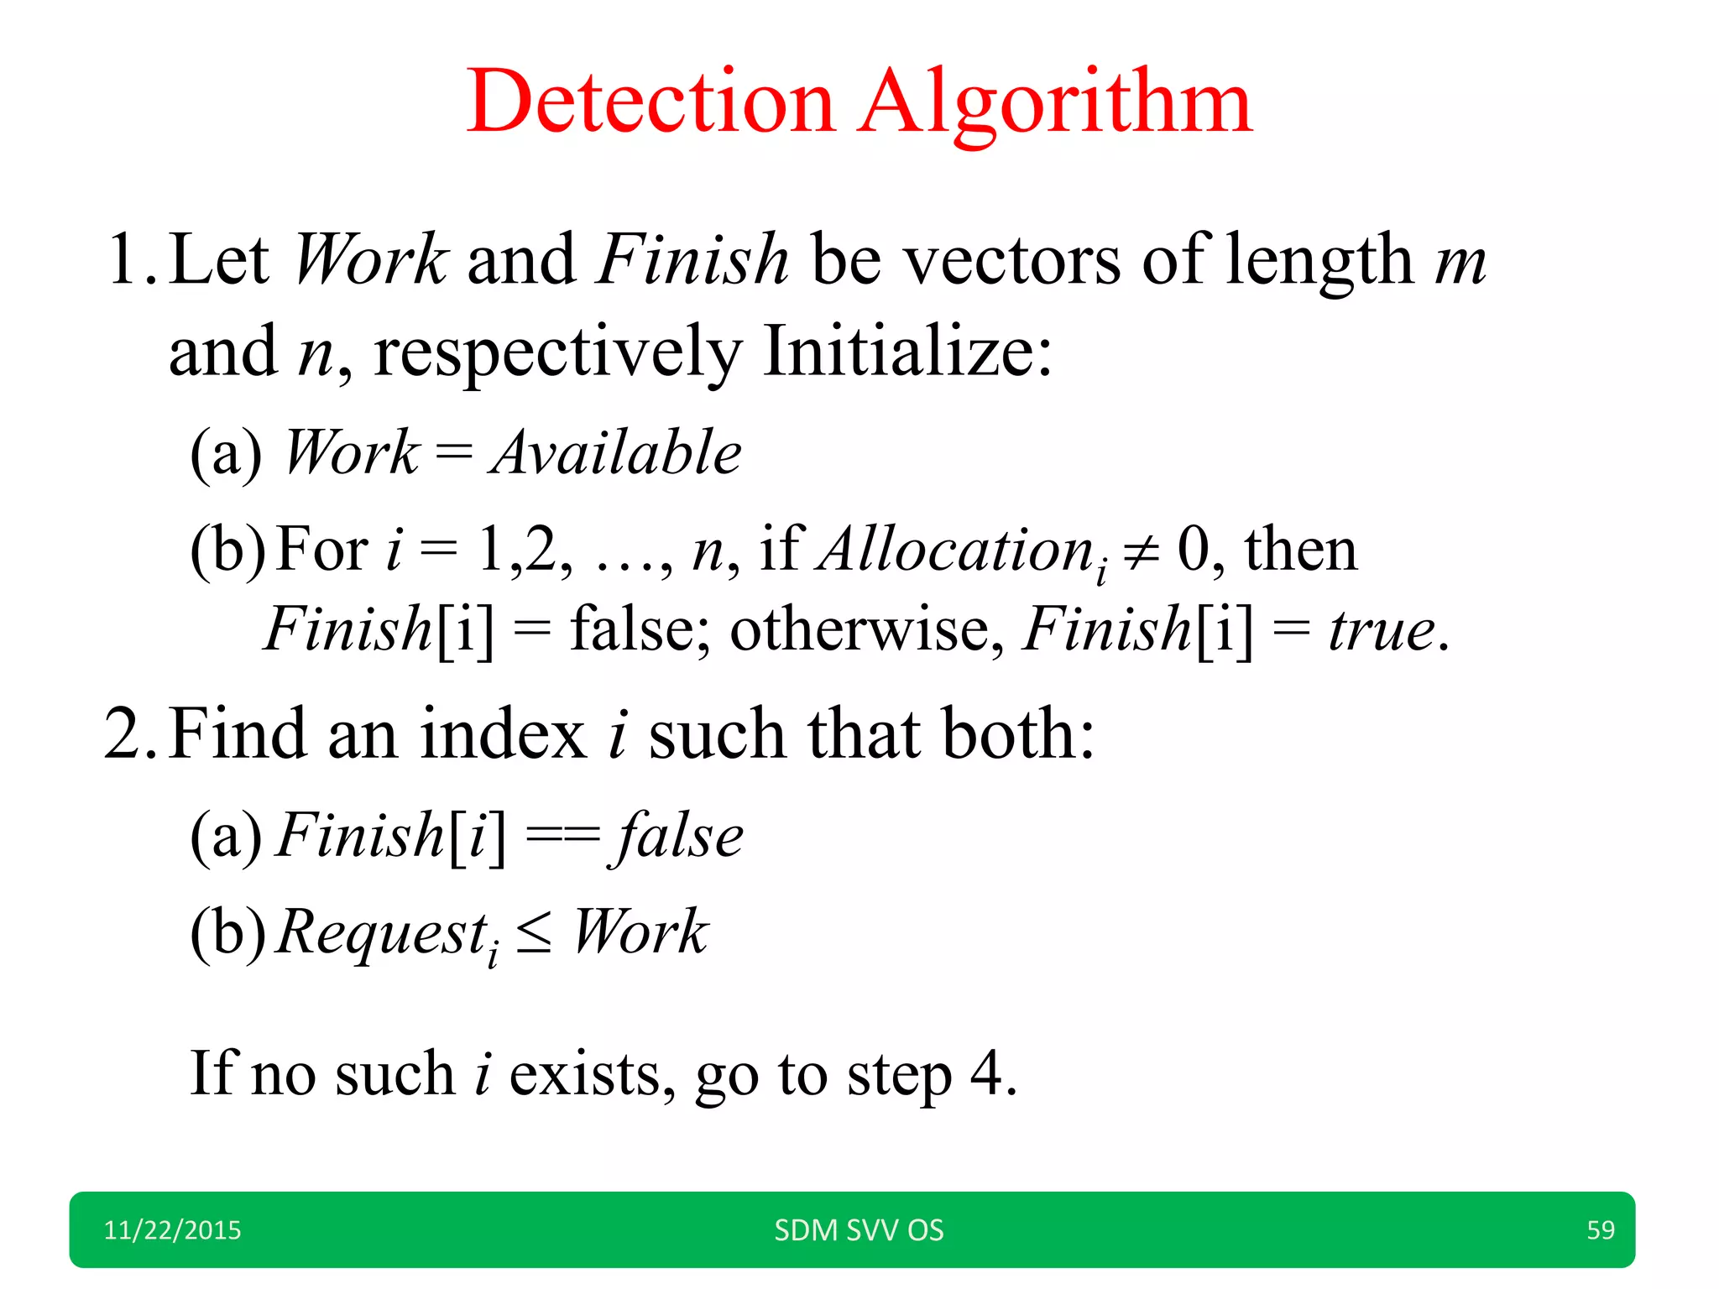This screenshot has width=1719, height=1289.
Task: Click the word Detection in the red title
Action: pos(651,102)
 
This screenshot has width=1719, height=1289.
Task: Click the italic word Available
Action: pos(616,453)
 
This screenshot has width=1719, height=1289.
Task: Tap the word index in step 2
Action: pos(503,734)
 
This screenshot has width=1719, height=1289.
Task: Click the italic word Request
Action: pos(382,932)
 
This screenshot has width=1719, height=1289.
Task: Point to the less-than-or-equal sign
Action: pos(535,934)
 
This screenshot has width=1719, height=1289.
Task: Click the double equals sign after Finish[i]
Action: pos(562,836)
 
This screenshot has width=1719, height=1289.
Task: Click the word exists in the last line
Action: pos(584,1074)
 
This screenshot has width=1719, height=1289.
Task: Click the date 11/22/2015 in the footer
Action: pos(172,1230)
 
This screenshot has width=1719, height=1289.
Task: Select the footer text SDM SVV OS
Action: pos(859,1230)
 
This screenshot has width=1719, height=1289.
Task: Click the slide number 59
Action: pos(1600,1230)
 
